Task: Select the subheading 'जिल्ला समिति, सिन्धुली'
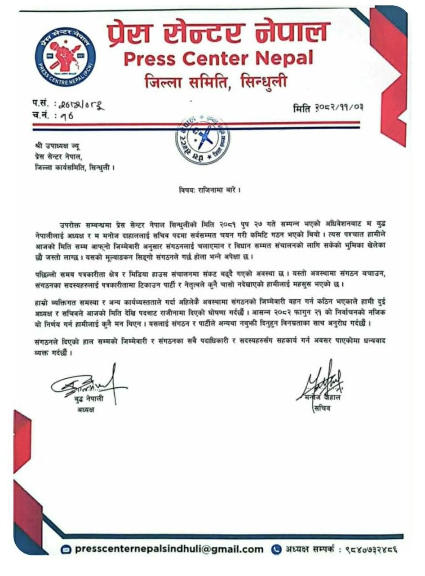(x=216, y=82)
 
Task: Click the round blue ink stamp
(x=202, y=140)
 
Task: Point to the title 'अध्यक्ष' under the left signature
(x=83, y=410)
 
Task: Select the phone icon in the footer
(x=276, y=549)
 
